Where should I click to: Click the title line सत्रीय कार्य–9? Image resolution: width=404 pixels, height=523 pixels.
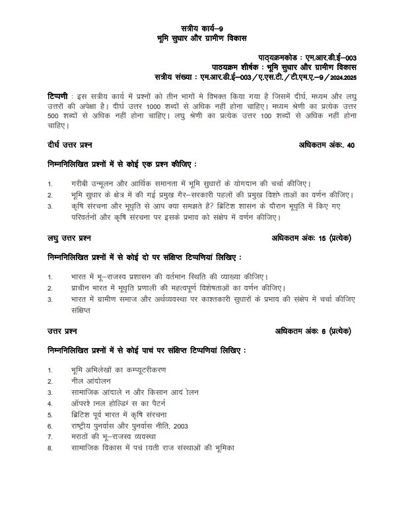(x=202, y=29)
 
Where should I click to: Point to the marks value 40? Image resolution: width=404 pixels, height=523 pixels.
(x=351, y=145)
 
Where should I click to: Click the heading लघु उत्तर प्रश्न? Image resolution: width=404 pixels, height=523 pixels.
(x=69, y=236)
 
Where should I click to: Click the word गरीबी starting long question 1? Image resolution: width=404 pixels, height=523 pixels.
(x=81, y=184)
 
